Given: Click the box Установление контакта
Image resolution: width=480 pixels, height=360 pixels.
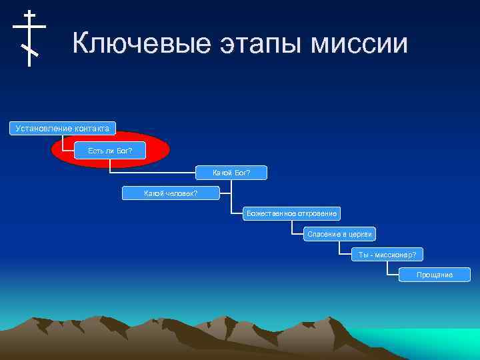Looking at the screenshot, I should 62,127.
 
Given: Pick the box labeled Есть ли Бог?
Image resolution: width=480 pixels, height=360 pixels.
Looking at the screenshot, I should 110,151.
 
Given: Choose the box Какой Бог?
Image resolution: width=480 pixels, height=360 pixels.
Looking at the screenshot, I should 231,173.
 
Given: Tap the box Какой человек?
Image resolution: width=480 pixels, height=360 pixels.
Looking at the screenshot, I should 171,193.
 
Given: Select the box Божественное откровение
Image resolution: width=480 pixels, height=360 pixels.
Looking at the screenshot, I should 291,214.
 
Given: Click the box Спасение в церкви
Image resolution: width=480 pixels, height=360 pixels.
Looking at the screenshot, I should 340,234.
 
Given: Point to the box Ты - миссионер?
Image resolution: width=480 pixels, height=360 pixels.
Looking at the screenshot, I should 387,255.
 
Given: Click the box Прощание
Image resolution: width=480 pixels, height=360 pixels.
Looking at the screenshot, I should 434,275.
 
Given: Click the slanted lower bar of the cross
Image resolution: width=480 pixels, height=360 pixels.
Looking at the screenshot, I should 30,50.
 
